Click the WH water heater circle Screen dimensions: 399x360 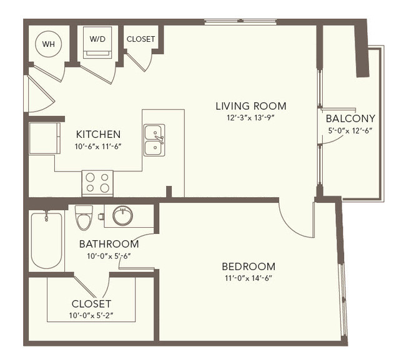(48, 44)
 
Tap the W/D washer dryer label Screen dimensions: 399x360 (97, 39)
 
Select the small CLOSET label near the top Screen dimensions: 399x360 (140, 39)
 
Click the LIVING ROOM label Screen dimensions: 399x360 (251, 106)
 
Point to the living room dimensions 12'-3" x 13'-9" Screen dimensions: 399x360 (251, 118)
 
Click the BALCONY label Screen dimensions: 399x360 (350, 119)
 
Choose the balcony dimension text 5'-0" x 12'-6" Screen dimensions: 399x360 (350, 130)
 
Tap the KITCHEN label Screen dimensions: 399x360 (98, 134)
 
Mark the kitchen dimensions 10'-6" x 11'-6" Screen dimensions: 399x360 (98, 147)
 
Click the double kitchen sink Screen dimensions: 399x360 (154, 140)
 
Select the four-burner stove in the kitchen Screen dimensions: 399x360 (97, 183)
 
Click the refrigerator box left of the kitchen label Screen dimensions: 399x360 (45, 139)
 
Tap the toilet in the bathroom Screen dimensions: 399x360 (84, 218)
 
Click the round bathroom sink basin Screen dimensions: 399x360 (122, 216)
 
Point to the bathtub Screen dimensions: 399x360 (47, 240)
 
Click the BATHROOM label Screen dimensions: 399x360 (109, 244)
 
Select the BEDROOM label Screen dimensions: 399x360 (249, 266)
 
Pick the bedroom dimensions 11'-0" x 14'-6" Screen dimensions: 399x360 (249, 278)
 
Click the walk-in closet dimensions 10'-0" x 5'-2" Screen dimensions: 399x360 (91, 316)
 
